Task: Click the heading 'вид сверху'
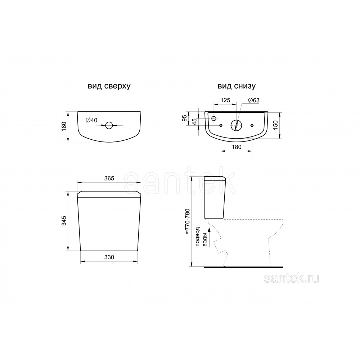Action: click(109, 86)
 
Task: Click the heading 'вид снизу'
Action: click(237, 86)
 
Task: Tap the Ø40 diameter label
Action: click(91, 120)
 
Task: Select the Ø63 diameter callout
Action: click(254, 100)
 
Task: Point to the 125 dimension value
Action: click(225, 100)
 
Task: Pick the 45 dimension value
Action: click(194, 122)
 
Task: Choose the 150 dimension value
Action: click(275, 125)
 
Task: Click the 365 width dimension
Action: click(109, 178)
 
